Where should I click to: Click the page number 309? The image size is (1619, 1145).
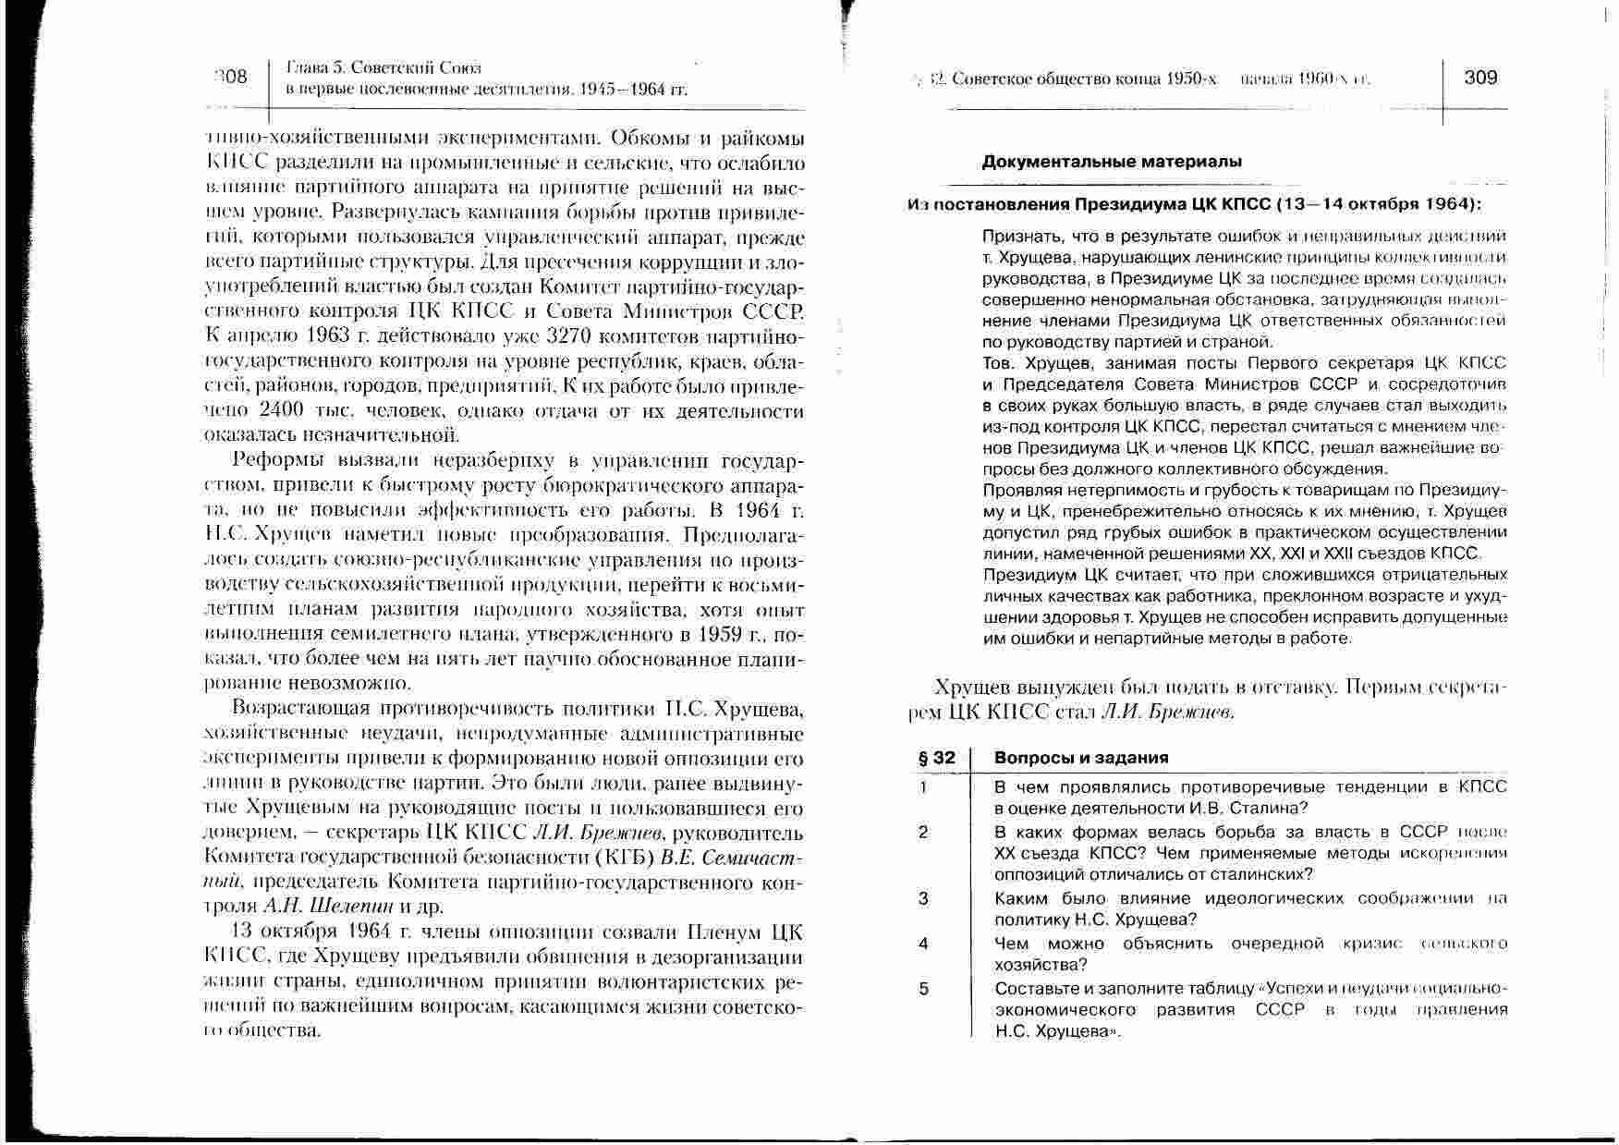[x=1480, y=78]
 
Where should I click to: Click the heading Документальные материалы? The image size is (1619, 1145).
[x=1111, y=162]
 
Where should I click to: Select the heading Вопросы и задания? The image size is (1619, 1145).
[x=1081, y=758]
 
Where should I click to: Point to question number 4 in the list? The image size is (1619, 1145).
[x=923, y=944]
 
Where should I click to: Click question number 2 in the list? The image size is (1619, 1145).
[x=923, y=832]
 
